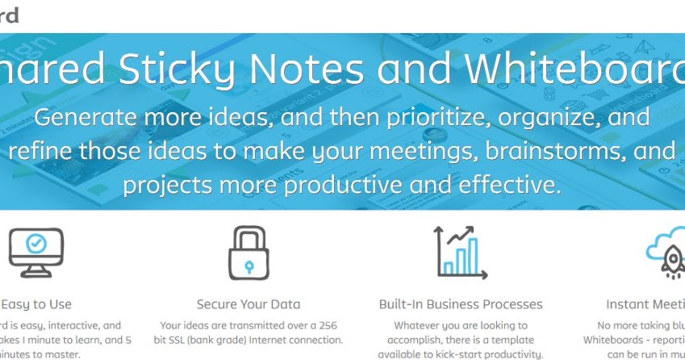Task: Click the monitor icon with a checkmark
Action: (36, 251)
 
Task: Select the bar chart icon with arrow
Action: (460, 252)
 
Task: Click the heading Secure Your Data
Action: (249, 304)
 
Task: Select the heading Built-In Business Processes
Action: (461, 304)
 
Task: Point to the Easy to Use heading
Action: (36, 304)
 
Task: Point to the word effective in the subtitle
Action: (503, 184)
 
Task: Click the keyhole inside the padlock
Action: (249, 264)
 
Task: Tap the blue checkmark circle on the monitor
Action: (36, 243)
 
